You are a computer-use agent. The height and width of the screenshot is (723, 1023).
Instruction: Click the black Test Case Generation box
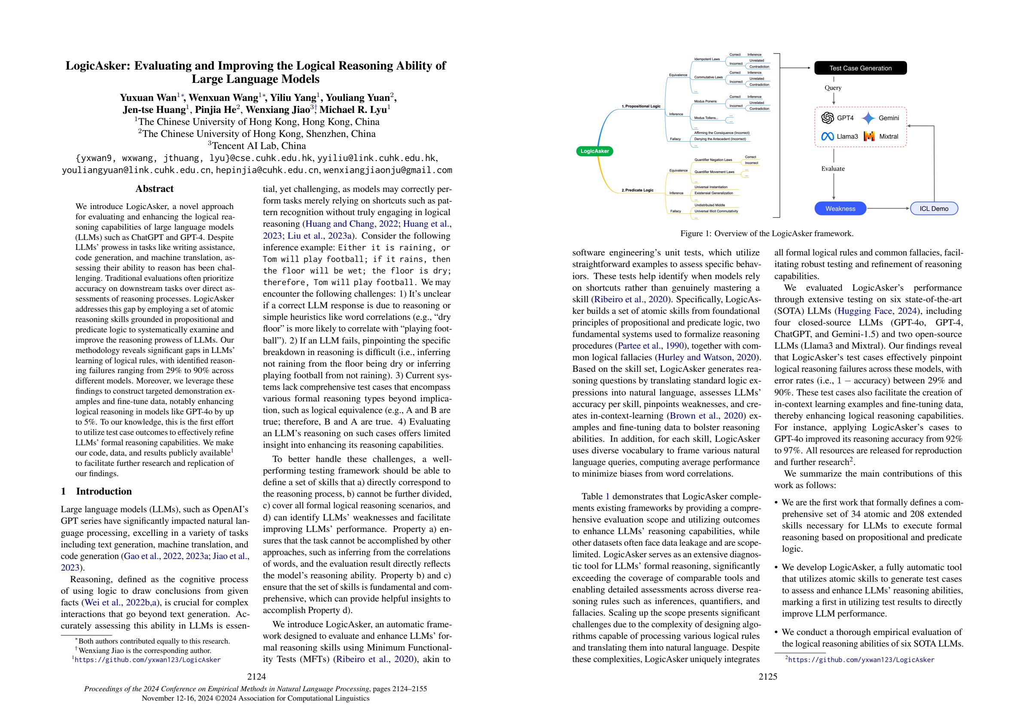point(860,68)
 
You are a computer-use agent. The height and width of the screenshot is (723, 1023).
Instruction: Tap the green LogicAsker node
point(594,151)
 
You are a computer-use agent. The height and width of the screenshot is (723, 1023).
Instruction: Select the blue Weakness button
point(840,209)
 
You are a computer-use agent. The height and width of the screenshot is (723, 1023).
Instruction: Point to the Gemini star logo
point(868,118)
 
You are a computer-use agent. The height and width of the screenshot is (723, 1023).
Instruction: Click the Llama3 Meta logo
point(828,137)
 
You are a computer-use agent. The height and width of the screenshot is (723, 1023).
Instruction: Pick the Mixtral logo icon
point(869,137)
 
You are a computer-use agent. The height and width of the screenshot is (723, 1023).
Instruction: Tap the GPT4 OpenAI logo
point(828,118)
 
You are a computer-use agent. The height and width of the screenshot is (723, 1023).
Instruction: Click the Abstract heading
point(154,188)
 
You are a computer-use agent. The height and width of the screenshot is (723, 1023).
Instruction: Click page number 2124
point(257,677)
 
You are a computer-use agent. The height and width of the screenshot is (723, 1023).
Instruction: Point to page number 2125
point(768,677)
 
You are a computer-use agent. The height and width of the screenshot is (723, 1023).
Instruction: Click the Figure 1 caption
point(767,234)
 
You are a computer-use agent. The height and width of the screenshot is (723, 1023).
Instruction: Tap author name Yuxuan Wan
point(148,97)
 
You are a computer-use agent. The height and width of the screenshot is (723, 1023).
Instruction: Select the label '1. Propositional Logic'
point(641,106)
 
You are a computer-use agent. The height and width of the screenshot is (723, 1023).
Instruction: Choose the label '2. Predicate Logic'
point(637,190)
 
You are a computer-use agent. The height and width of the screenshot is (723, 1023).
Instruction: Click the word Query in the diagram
point(833,88)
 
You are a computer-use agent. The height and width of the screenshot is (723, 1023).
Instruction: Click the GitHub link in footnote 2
point(861,660)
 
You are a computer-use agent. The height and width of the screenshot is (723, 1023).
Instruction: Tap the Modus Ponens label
point(705,102)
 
